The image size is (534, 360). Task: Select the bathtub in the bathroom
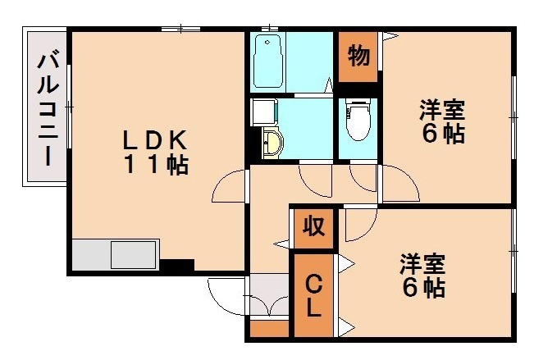click(x=267, y=62)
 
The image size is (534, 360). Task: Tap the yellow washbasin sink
click(x=272, y=143)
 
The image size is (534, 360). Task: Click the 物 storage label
click(x=358, y=57)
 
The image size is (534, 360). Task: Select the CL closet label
click(x=313, y=298)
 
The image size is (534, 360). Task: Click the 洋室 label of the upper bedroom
click(x=444, y=109)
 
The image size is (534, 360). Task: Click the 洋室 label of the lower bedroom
click(x=422, y=264)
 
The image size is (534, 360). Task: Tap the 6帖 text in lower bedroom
click(x=422, y=289)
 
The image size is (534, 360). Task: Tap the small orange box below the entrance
click(x=268, y=330)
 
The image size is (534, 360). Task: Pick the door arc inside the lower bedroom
click(x=358, y=226)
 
